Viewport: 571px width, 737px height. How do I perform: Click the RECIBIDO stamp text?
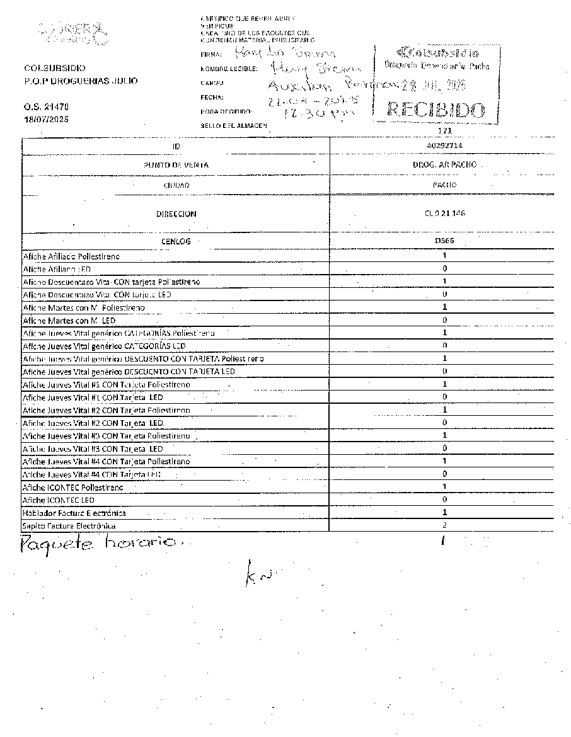pyautogui.click(x=436, y=111)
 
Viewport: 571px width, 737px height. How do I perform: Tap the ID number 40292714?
pyautogui.click(x=444, y=145)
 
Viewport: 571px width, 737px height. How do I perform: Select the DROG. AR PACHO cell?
pyautogui.click(x=444, y=164)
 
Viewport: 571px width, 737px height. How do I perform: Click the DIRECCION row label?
pyautogui.click(x=176, y=214)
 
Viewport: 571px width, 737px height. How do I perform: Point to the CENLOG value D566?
pyautogui.click(x=444, y=241)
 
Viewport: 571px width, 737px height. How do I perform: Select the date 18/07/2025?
pyautogui.click(x=46, y=119)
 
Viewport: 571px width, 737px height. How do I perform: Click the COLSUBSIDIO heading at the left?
pyautogui.click(x=55, y=68)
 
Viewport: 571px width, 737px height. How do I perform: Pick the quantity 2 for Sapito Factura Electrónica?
pyautogui.click(x=444, y=525)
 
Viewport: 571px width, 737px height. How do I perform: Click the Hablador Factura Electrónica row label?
pyautogui.click(x=74, y=513)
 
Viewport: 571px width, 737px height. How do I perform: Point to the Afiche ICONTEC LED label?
pyautogui.click(x=58, y=500)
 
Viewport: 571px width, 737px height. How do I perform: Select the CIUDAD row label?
pyautogui.click(x=176, y=185)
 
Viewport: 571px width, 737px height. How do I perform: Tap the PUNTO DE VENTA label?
pyautogui.click(x=176, y=165)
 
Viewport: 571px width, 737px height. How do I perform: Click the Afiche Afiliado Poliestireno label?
pyautogui.click(x=71, y=256)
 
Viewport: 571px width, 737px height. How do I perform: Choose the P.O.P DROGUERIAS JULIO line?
pyautogui.click(x=81, y=81)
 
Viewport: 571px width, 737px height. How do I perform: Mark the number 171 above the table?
pyautogui.click(x=444, y=130)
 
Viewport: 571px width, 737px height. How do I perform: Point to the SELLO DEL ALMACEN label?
pyautogui.click(x=234, y=125)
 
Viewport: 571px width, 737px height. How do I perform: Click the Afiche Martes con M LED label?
pyautogui.click(x=64, y=321)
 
